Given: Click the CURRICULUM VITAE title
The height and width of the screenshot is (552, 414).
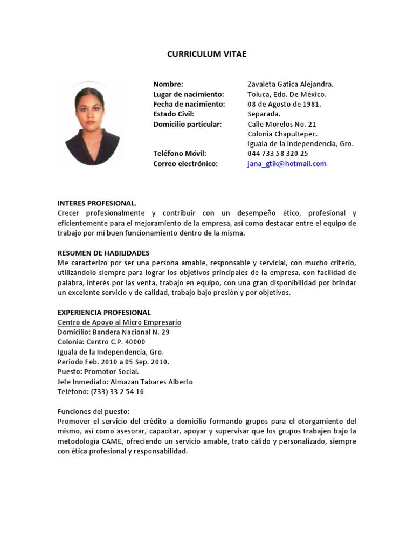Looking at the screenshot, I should click(206, 54).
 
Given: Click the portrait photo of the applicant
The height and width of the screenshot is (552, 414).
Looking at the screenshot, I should click(92, 123).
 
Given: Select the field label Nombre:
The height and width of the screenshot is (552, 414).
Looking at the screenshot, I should click(168, 85).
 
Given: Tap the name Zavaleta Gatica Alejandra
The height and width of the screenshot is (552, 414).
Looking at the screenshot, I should click(290, 85).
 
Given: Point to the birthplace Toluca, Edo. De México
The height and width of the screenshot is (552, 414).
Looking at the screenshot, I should click(287, 94).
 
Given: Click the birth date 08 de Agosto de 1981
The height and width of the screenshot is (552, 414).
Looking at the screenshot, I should click(284, 104).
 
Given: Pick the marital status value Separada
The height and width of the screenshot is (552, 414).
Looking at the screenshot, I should click(264, 114).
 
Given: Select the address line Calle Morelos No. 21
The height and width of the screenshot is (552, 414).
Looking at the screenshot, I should click(282, 124).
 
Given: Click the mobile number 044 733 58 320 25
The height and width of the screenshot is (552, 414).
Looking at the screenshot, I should click(278, 154).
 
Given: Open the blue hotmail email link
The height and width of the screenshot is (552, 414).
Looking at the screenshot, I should click(287, 164).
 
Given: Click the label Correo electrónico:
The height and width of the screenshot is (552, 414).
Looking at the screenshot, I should click(185, 164).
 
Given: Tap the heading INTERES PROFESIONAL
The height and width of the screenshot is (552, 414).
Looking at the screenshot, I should click(97, 203).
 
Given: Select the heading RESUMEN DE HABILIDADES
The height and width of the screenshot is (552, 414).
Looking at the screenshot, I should click(103, 253).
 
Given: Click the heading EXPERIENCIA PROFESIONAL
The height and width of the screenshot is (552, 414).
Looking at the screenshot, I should click(104, 313).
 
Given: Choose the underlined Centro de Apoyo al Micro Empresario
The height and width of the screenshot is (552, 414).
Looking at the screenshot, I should click(119, 322).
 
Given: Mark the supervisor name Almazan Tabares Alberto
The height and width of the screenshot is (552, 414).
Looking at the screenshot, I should click(151, 382).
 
